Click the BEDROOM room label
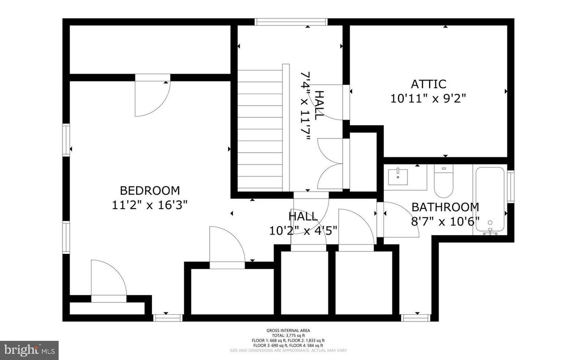pos(150,191)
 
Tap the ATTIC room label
pos(429,84)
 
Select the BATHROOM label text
pos(445,207)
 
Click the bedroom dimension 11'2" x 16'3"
pos(150,205)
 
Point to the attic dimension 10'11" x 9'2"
pos(429,99)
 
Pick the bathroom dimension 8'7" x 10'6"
pos(445,221)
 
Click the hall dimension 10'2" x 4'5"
pos(303,231)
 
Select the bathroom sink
pos(398,176)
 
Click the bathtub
pos(491,200)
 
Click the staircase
pos(260,130)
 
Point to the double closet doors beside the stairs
pos(330,164)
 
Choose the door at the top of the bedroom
pos(152,96)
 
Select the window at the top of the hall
pos(291,22)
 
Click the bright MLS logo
pos(30,348)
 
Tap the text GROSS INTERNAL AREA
pos(288,330)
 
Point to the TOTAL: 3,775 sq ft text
pos(288,335)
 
